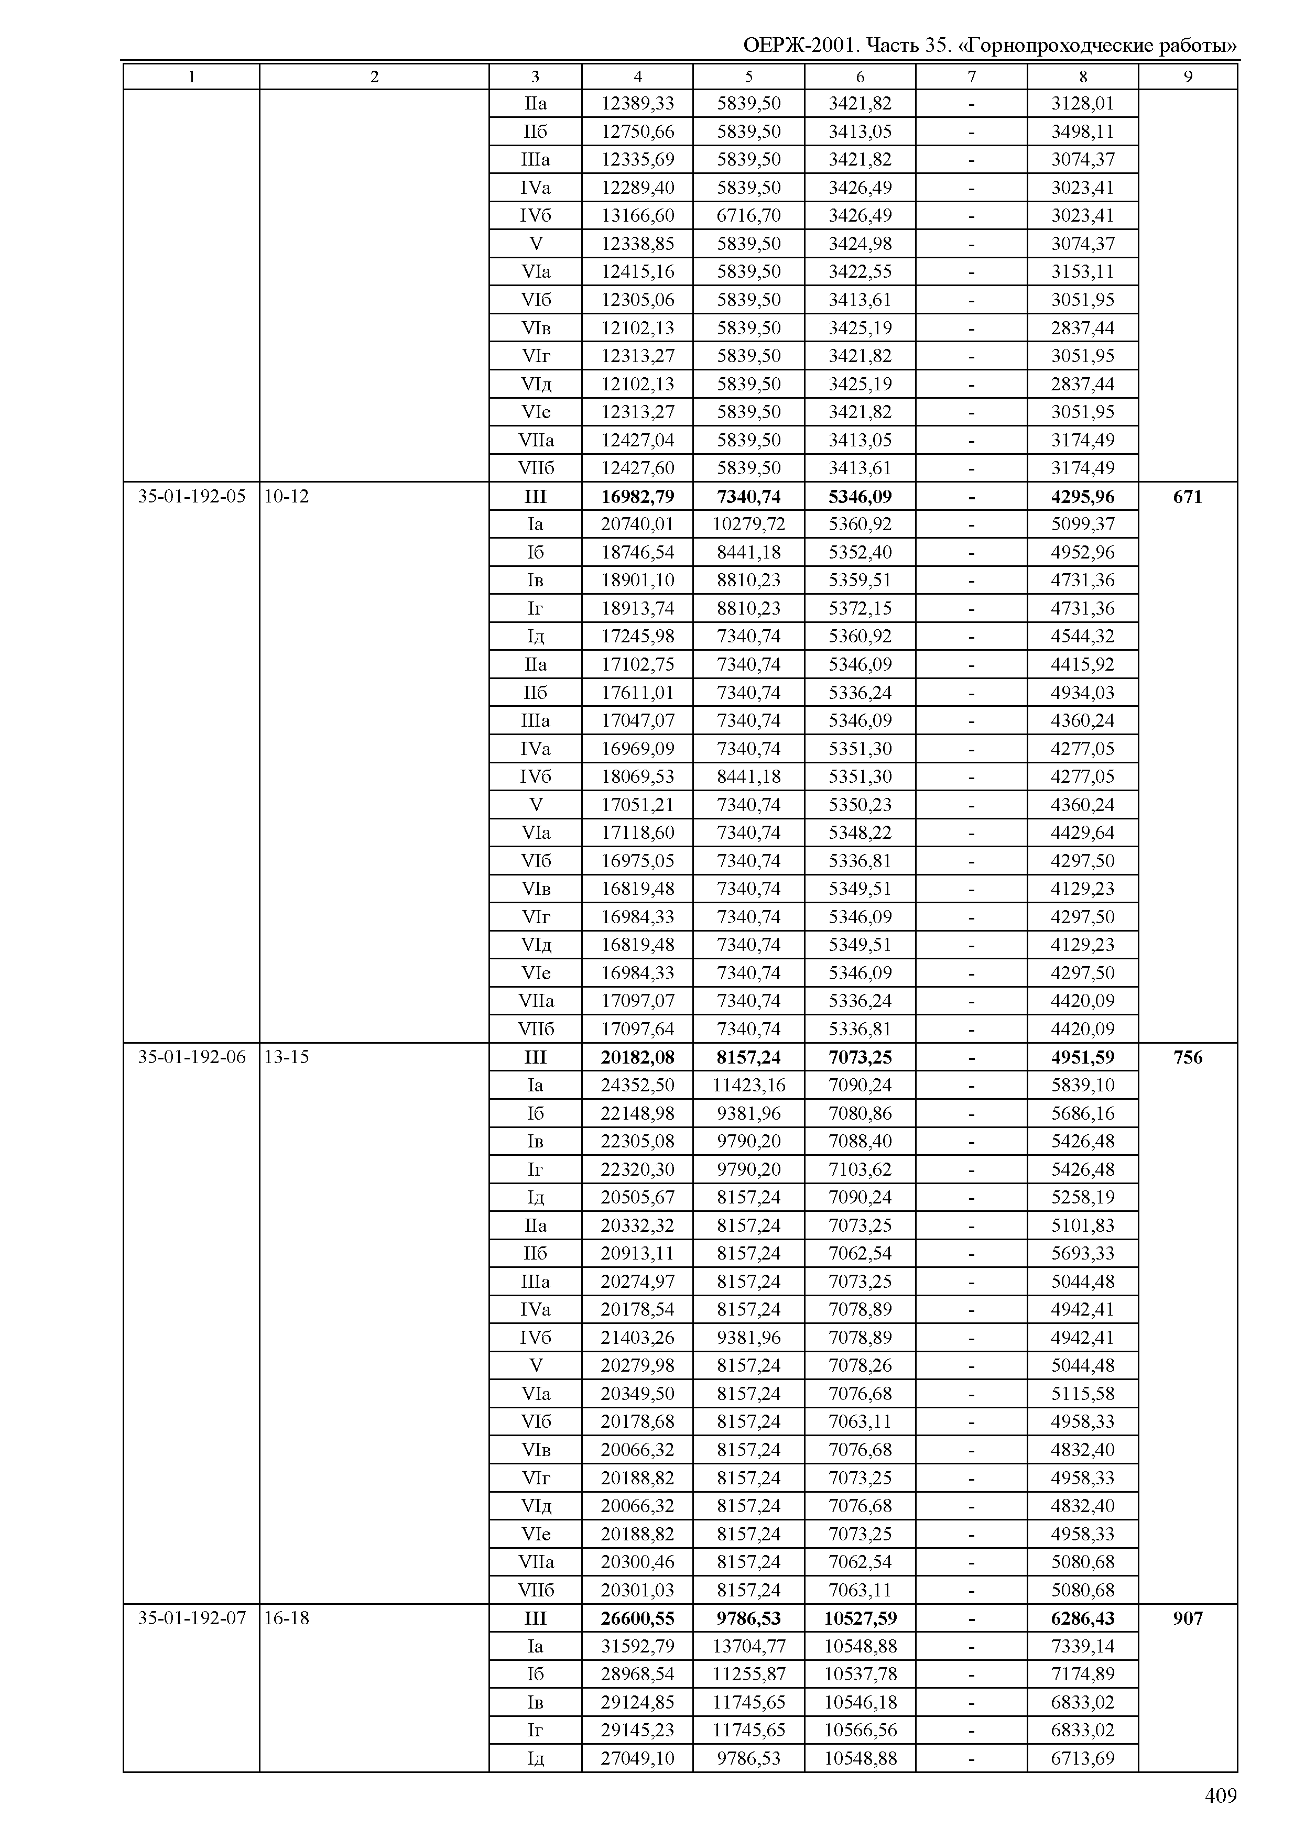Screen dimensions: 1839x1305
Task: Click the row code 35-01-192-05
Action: click(191, 497)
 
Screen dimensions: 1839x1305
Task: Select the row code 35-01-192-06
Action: click(191, 1057)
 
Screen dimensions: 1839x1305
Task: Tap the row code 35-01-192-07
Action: click(191, 1618)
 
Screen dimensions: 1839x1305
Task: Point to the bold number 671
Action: click(1187, 497)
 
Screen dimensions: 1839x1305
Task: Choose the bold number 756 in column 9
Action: click(1187, 1057)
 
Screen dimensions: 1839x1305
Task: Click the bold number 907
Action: click(1187, 1618)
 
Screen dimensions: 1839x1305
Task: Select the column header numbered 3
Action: click(535, 77)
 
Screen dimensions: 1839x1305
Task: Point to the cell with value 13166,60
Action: click(637, 216)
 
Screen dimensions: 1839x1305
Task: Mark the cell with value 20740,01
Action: click(637, 524)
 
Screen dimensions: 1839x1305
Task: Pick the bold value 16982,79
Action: click(637, 497)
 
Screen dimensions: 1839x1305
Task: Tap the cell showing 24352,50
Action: click(637, 1086)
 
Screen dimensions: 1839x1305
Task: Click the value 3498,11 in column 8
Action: click(1082, 132)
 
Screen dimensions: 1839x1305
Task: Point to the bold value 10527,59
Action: click(860, 1618)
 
